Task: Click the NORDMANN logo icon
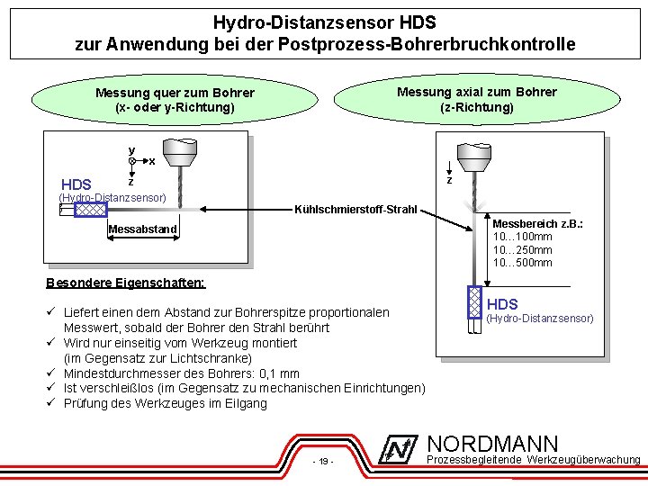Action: tap(400, 450)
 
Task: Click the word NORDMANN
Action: tap(492, 444)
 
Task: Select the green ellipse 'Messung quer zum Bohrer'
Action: tap(175, 100)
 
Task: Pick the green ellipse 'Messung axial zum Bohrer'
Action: tap(476, 99)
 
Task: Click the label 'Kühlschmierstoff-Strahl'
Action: tap(356, 211)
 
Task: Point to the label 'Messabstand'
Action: tap(142, 229)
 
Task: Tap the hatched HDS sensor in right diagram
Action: tap(474, 302)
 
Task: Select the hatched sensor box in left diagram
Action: tap(90, 211)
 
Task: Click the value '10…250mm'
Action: tap(522, 249)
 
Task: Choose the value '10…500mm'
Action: tap(522, 263)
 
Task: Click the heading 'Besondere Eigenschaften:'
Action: tap(125, 283)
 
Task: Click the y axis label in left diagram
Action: tap(131, 149)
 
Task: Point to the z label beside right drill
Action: tap(449, 181)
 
